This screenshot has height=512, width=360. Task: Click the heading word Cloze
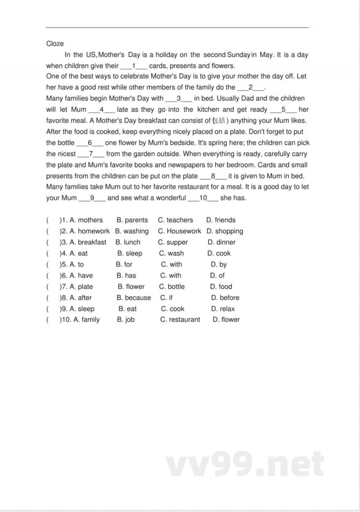[x=55, y=44]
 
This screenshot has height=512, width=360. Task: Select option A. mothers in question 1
[x=86, y=220]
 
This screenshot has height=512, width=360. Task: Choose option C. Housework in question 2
[x=179, y=231]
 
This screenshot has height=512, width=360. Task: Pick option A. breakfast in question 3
[x=88, y=242]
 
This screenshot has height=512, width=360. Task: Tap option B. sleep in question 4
[x=130, y=254]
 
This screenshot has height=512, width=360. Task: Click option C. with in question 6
[x=171, y=276]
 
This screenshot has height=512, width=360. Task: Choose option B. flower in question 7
[x=131, y=286]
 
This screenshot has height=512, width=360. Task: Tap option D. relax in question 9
[x=223, y=309]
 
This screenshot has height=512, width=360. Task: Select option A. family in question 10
[x=86, y=320]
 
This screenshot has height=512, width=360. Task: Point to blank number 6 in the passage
[x=90, y=143]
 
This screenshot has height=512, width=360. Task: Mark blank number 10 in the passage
[x=202, y=198]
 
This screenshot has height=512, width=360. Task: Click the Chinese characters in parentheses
[x=220, y=121]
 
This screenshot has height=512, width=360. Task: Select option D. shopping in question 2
[x=225, y=231]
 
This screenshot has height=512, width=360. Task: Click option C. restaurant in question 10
[x=180, y=320]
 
